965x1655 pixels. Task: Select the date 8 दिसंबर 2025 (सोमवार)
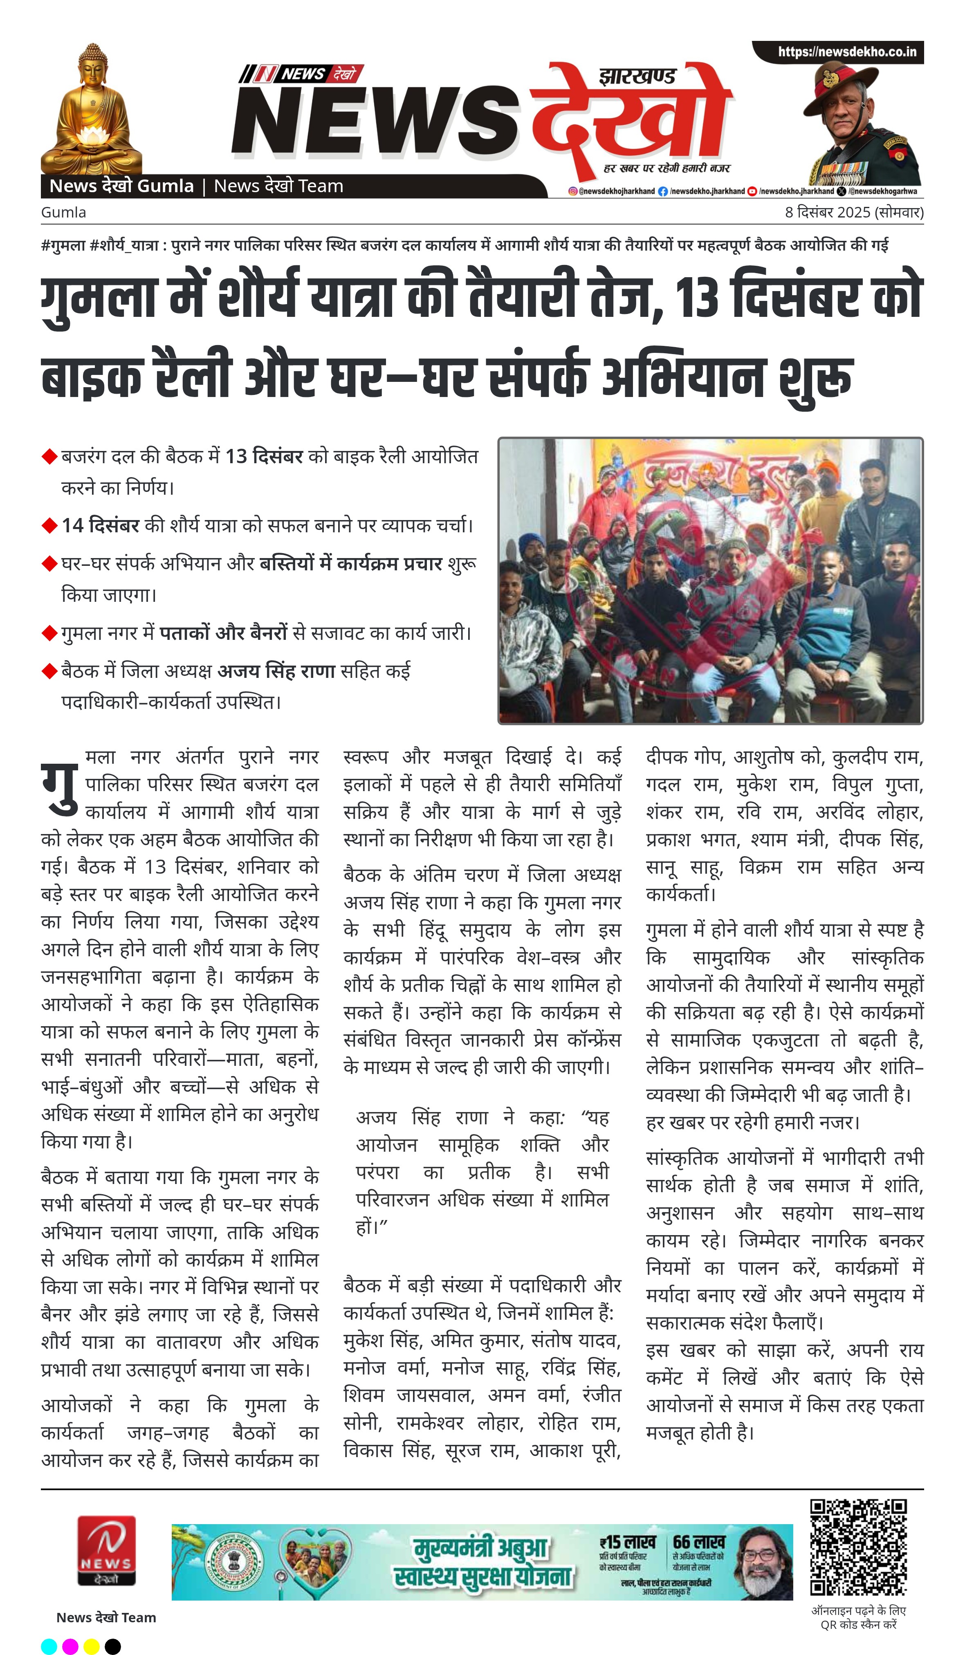point(853,213)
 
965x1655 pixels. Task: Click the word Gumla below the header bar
point(63,213)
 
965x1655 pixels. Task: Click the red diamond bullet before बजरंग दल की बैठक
point(49,456)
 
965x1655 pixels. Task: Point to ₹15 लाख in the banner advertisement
point(627,1541)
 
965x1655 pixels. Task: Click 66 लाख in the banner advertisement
point(698,1541)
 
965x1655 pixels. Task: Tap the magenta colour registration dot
point(70,1646)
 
